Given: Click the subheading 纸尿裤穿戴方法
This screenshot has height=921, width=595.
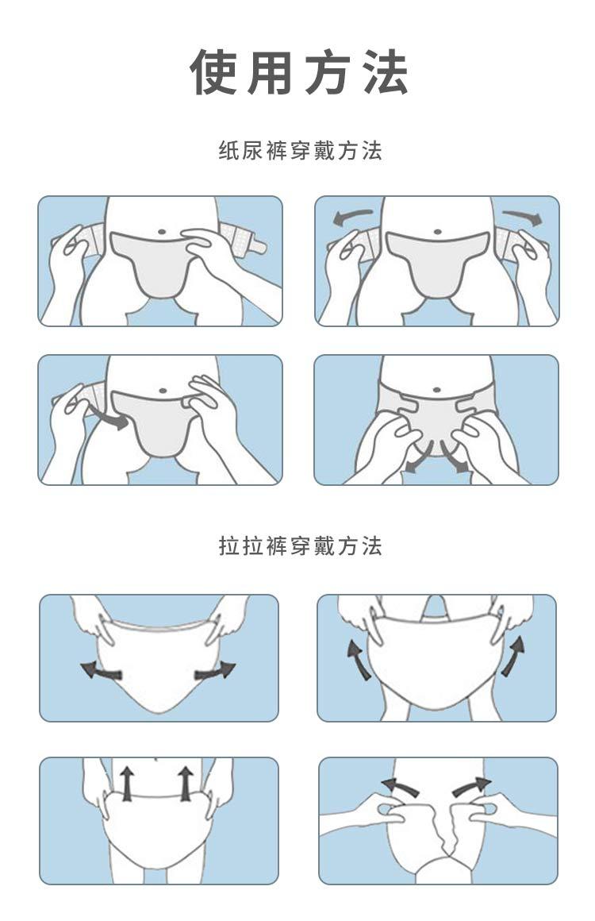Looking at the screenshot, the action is tap(300, 151).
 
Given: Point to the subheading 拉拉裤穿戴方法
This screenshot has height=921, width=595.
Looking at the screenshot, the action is tap(300, 545).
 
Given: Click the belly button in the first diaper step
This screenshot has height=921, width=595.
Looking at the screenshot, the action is tap(163, 231).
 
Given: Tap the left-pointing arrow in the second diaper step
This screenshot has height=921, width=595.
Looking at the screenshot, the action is tap(352, 218).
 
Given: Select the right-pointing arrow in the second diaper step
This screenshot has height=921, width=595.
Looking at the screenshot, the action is tap(522, 217).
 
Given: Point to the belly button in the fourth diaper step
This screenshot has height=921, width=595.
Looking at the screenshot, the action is tap(436, 389).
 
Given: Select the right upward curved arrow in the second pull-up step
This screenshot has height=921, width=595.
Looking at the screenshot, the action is tap(512, 656).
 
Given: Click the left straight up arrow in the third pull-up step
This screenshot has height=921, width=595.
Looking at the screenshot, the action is tap(127, 783).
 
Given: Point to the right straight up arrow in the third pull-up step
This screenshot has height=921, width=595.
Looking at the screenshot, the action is tap(186, 783).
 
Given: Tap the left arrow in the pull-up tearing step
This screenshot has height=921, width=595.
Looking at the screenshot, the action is tap(401, 787).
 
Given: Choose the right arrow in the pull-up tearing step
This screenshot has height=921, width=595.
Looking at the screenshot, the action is tap(471, 787).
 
